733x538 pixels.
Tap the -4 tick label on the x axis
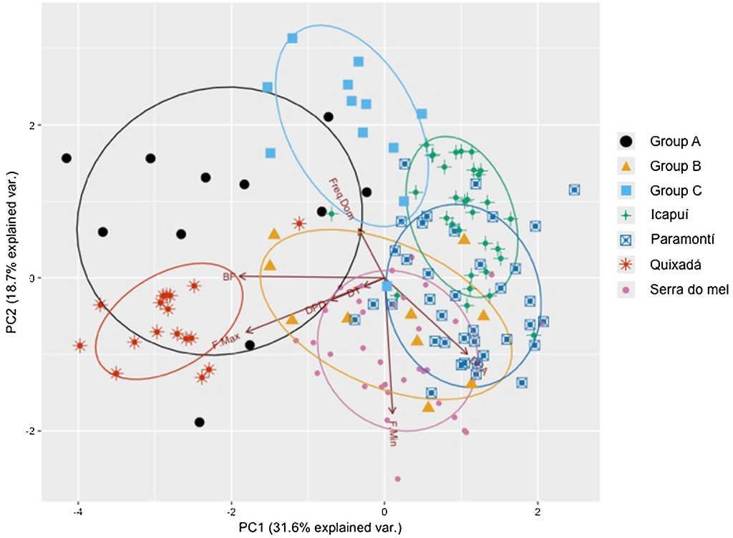(78, 512)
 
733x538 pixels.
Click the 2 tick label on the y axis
(30, 125)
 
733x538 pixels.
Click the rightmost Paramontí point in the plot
(574, 190)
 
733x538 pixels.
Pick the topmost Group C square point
(292, 38)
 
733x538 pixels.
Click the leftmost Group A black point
(67, 158)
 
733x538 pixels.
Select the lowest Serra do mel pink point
(397, 479)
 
